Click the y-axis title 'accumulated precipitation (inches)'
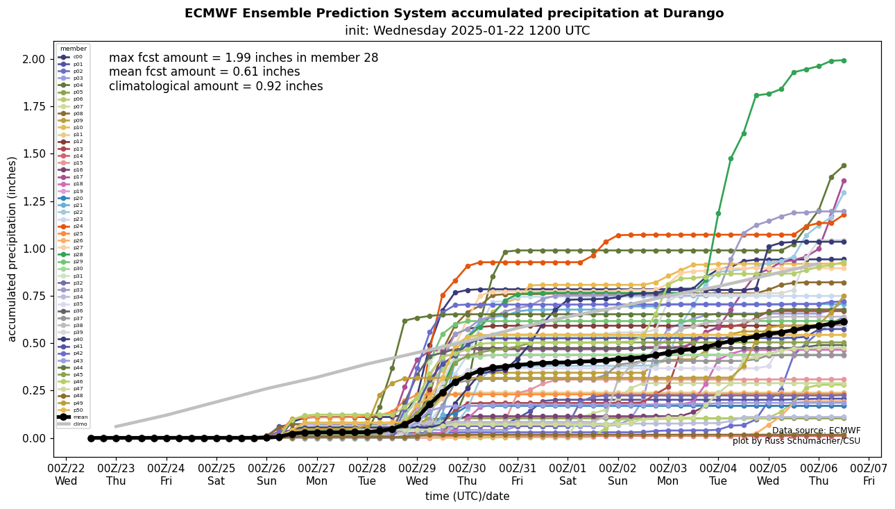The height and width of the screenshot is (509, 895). [12, 249]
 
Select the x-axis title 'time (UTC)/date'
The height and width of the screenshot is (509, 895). [467, 497]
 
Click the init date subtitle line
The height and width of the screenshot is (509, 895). [467, 31]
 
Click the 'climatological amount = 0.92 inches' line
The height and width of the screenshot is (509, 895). [216, 86]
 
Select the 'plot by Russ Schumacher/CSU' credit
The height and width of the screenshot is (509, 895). [796, 441]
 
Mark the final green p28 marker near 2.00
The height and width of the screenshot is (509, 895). [844, 60]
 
